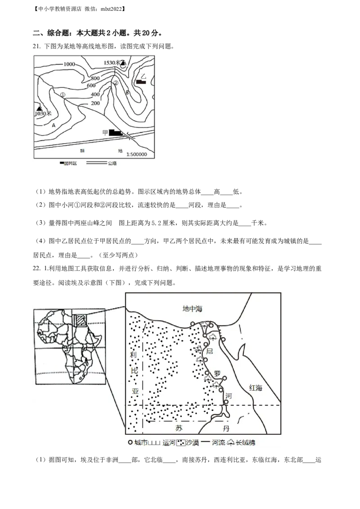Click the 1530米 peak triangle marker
tap(123, 63)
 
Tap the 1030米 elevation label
tap(44, 114)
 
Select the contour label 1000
tap(69, 64)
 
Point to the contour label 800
tap(95, 78)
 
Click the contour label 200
tap(95, 103)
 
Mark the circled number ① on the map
tap(63, 94)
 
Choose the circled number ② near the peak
tap(116, 83)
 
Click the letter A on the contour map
tap(54, 125)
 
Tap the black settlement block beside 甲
tap(116, 133)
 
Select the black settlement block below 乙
tap(141, 83)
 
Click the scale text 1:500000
tap(140, 154)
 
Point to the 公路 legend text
tap(112, 164)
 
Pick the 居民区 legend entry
tap(70, 164)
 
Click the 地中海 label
tap(193, 308)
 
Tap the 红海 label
tap(255, 388)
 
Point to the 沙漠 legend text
tap(193, 442)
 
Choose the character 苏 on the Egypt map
tap(180, 427)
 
